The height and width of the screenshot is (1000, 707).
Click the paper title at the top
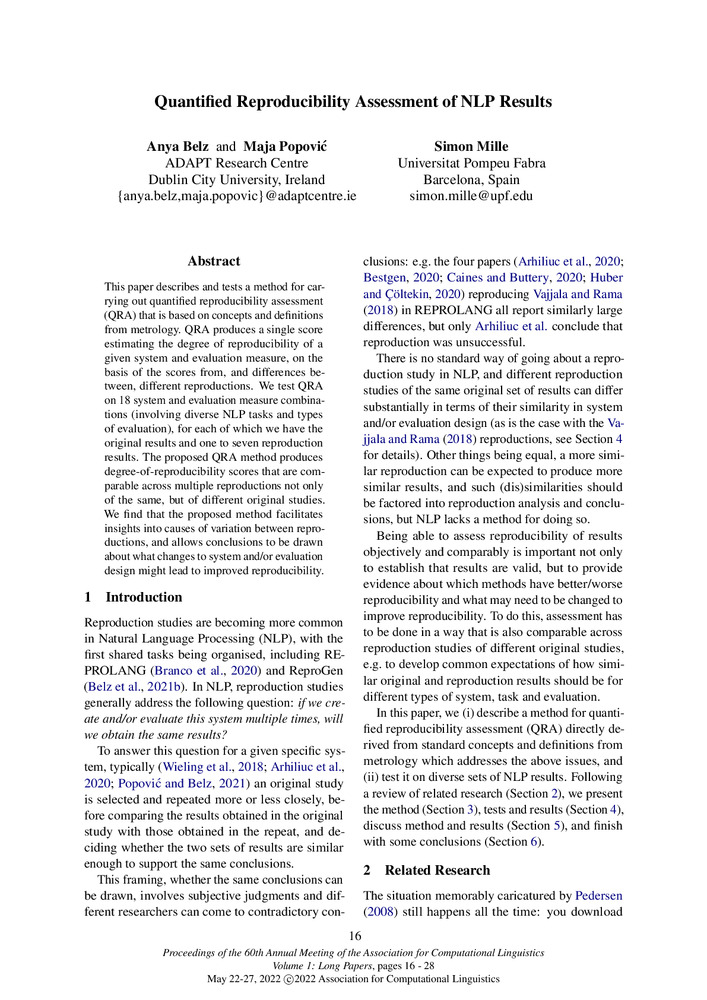[x=353, y=102]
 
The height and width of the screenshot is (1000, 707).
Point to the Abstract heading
[x=213, y=261]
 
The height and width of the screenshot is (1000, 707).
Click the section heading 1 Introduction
[x=137, y=597]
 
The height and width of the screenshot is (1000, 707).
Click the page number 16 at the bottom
[x=354, y=936]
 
